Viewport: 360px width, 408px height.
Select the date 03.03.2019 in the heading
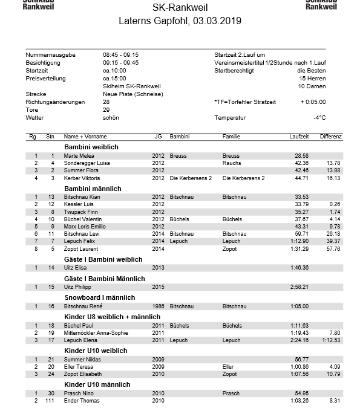(x=217, y=21)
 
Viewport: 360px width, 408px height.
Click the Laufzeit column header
(x=299, y=137)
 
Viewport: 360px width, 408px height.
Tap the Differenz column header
(x=331, y=137)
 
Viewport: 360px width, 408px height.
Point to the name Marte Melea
(x=79, y=156)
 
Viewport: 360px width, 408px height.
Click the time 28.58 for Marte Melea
(x=301, y=156)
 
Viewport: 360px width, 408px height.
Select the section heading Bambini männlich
(x=93, y=189)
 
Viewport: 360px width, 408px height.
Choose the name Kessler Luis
(x=79, y=204)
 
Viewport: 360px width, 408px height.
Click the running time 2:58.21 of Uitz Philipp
(x=299, y=287)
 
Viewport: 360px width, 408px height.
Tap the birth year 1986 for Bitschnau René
(x=158, y=306)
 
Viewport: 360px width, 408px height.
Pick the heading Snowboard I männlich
(x=99, y=297)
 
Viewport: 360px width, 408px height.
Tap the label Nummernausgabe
(x=50, y=55)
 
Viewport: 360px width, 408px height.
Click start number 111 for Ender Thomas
(x=50, y=401)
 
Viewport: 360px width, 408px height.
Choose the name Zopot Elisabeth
(x=83, y=374)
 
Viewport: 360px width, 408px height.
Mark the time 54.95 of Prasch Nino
(x=301, y=393)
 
